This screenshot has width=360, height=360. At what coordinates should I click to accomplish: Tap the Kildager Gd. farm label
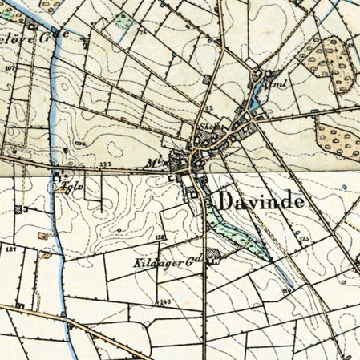point(166,263)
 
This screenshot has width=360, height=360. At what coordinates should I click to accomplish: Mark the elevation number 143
point(164,301)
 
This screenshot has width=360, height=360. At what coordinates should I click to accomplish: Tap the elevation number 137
point(10,250)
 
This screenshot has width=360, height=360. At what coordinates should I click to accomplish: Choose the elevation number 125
point(303,239)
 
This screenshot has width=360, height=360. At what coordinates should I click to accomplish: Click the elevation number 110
point(285,289)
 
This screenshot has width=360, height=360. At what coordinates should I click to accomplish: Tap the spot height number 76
point(144,33)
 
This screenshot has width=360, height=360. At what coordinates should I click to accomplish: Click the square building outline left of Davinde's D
point(192,194)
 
